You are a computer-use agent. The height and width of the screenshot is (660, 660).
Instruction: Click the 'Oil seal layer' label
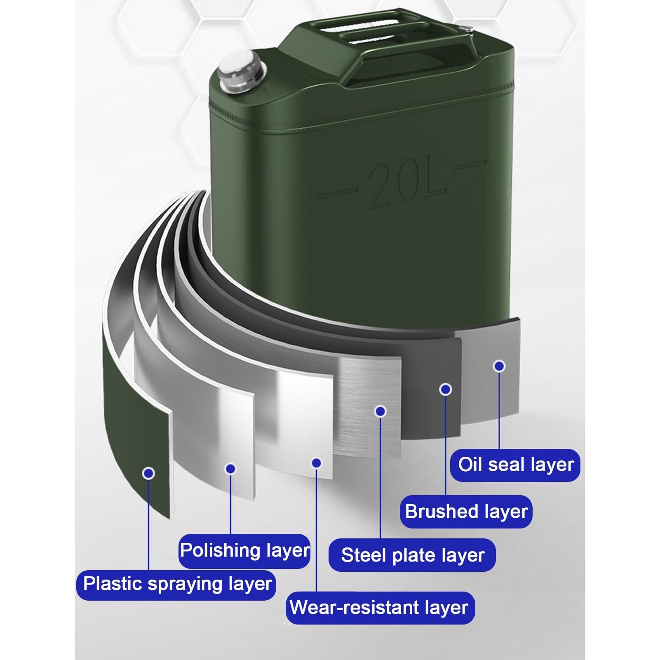[515, 465]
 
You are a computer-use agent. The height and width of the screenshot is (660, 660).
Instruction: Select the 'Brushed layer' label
[466, 512]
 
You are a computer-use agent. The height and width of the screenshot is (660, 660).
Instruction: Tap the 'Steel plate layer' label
[412, 555]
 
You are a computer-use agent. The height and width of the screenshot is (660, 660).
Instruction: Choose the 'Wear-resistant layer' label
[380, 608]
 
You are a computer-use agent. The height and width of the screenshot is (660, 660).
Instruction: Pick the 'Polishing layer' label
[244, 551]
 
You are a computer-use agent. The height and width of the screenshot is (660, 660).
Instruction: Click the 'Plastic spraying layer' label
[176, 585]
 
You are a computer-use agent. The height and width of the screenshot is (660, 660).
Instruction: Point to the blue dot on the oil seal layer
[499, 366]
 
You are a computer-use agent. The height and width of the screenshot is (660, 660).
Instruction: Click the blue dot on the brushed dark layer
[446, 389]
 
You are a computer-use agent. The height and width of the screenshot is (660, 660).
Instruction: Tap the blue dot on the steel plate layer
[380, 411]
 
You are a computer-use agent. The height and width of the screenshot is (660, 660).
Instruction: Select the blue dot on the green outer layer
[148, 473]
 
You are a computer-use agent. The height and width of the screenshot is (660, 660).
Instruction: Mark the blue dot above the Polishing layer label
[230, 469]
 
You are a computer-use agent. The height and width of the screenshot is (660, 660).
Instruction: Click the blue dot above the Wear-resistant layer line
[316, 463]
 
